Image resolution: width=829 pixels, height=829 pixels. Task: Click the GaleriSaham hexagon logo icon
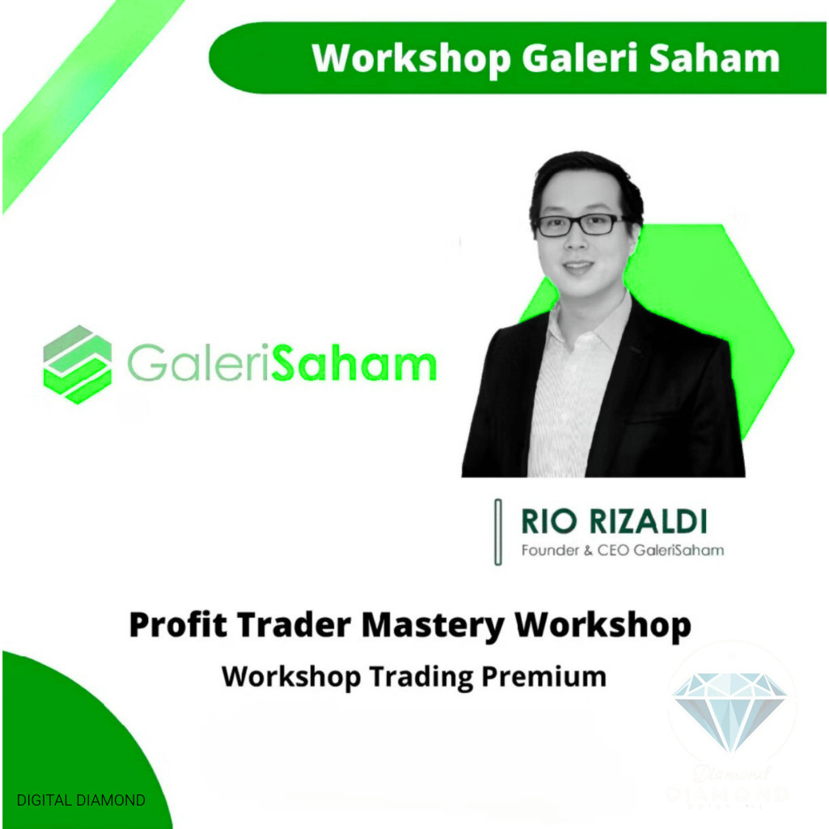coord(78,363)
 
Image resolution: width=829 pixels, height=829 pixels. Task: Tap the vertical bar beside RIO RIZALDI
coord(498,532)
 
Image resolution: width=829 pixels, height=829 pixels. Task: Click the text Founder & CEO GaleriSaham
coord(623,551)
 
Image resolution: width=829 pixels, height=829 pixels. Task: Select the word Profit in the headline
coord(173,626)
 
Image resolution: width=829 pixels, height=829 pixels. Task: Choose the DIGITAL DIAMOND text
coord(81,800)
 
